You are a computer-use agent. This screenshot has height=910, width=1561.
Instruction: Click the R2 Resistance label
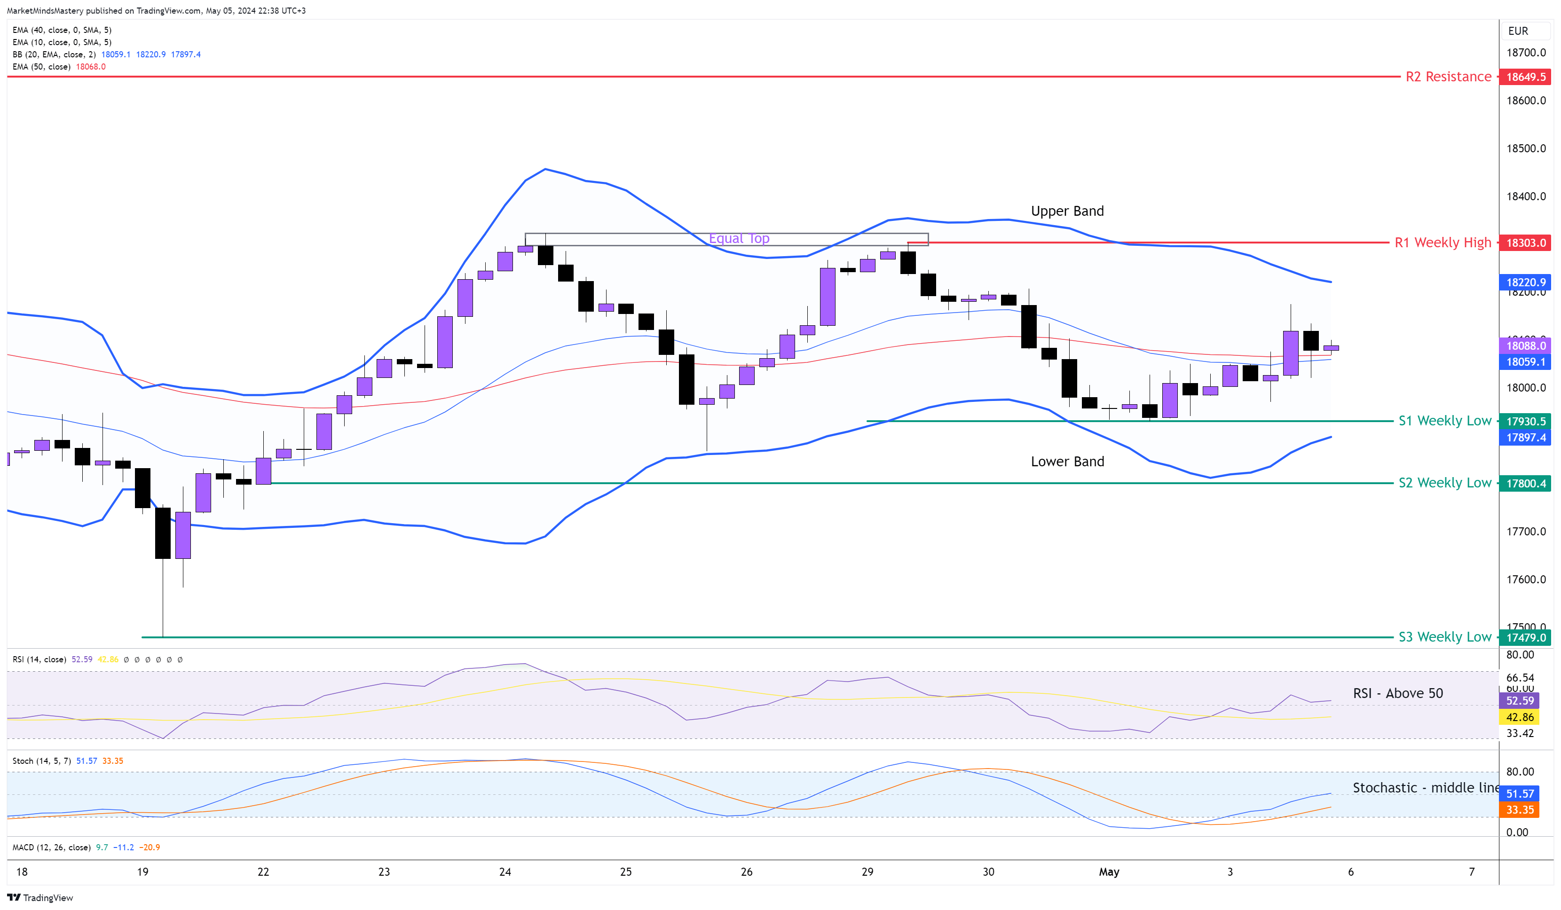click(1448, 77)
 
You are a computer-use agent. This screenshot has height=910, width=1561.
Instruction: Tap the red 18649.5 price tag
click(1525, 77)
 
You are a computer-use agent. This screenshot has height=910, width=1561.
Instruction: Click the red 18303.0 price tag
click(1525, 243)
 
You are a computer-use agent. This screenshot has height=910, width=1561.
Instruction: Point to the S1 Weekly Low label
click(1444, 421)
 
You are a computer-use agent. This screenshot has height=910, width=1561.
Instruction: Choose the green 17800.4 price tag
click(1525, 483)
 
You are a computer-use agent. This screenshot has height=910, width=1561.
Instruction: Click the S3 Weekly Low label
click(1444, 637)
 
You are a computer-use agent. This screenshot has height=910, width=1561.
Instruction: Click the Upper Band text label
click(1067, 211)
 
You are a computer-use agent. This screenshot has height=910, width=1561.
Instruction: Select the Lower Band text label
click(1067, 462)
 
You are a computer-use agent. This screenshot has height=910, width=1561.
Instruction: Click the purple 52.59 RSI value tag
click(1520, 701)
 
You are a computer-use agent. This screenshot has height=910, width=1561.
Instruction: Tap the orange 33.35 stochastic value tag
click(1520, 809)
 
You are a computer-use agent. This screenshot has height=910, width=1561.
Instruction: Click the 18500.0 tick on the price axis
click(1526, 149)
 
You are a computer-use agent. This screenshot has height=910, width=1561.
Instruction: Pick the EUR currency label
click(1518, 31)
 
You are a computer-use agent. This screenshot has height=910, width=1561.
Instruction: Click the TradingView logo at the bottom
click(40, 898)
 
